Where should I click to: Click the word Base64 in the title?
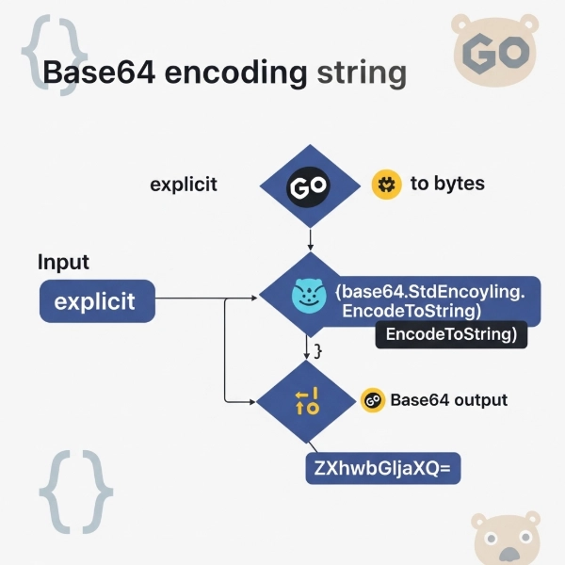pos(101,73)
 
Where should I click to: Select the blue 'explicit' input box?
pos(96,302)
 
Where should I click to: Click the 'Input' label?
pos(63,263)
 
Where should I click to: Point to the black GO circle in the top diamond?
pos(309,187)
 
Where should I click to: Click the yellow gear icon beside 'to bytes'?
pos(383,183)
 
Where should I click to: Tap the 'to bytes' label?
pos(446,183)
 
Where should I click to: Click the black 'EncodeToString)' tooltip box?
pos(451,334)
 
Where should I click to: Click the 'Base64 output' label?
pos(448,400)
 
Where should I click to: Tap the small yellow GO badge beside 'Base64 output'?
pos(372,400)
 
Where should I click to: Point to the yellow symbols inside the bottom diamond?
pos(307,401)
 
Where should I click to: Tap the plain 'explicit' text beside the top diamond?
pos(184,185)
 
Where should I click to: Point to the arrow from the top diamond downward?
pos(309,239)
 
